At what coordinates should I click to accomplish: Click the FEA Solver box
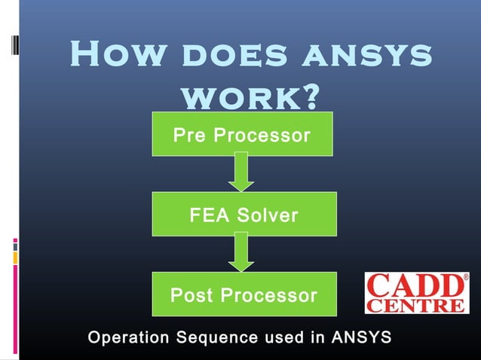coord(244,215)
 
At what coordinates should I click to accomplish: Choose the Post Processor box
coord(244,294)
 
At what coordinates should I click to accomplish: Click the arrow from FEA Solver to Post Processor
coord(241,252)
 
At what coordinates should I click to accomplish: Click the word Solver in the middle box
coord(268,215)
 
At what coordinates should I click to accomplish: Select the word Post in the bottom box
coord(191,295)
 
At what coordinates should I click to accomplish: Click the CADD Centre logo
coord(417,292)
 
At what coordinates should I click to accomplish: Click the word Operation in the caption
coord(128,337)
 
